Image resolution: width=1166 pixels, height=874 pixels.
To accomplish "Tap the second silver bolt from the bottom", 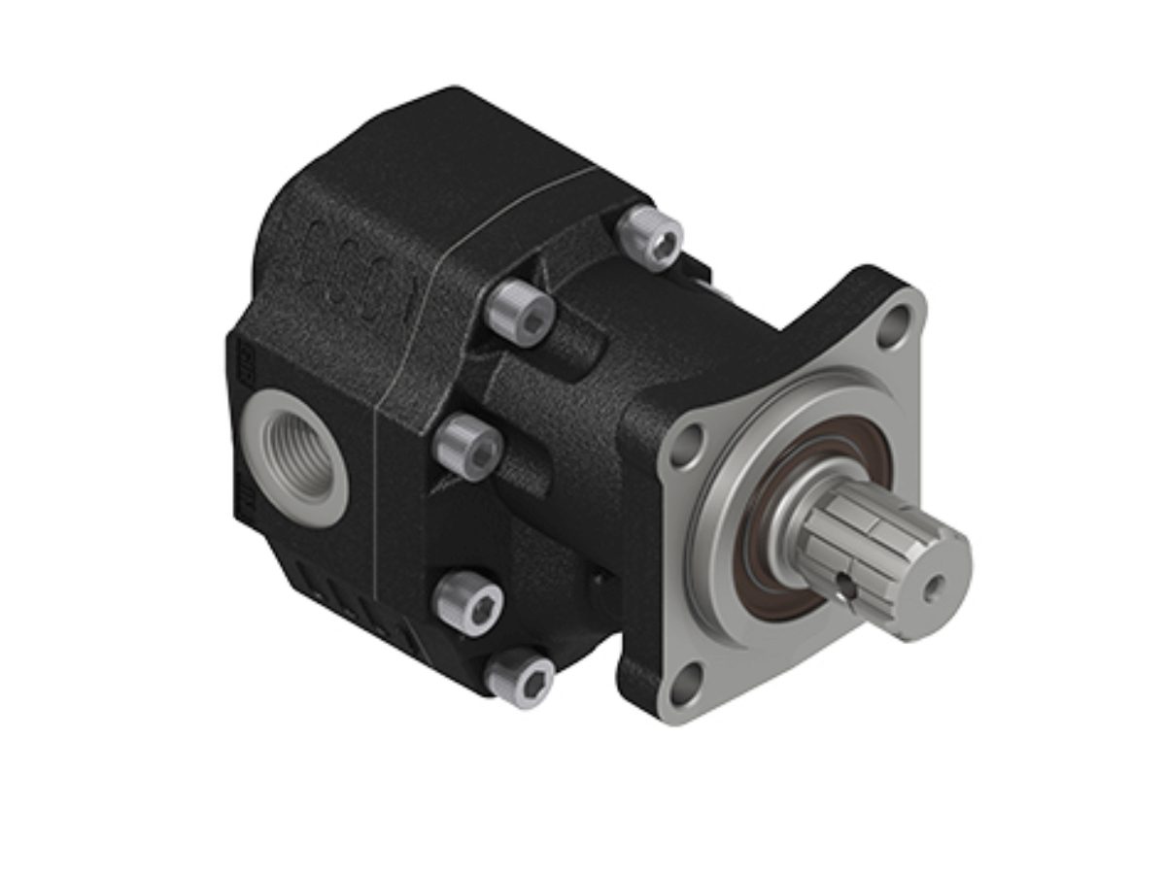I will (x=468, y=602).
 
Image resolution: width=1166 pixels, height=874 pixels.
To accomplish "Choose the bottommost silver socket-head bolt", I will (x=521, y=677).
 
